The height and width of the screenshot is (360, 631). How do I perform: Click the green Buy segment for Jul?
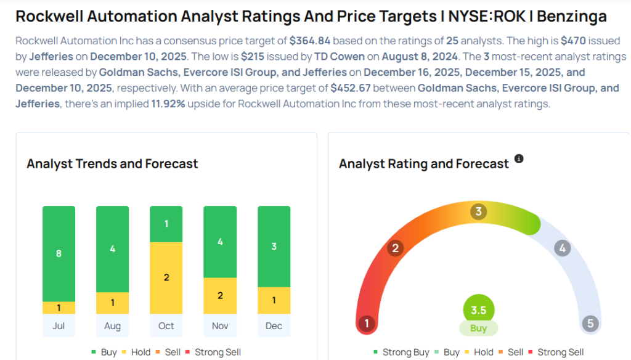pos(59,253)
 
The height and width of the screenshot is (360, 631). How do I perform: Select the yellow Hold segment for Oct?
pos(166,277)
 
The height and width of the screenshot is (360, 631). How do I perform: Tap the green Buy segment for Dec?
pos(274,247)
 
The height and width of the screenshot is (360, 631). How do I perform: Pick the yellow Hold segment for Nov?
pos(220,296)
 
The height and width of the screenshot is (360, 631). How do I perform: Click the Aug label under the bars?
pos(112,326)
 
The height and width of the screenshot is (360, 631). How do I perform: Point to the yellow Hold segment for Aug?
pos(112,303)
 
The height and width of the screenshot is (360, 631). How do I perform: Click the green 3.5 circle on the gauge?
pos(479,310)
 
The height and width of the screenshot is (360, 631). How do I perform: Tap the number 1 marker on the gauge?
pos(366,323)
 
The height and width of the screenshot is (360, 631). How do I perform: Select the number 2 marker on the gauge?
pos(395,248)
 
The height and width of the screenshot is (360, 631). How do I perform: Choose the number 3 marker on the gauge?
pos(478,212)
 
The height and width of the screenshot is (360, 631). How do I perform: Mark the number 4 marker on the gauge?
pos(561,248)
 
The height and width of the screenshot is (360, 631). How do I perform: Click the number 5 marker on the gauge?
pos(590,323)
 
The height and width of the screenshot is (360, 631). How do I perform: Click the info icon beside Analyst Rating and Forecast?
pos(519,159)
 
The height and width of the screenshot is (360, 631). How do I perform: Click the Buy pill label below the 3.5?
pos(479,329)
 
